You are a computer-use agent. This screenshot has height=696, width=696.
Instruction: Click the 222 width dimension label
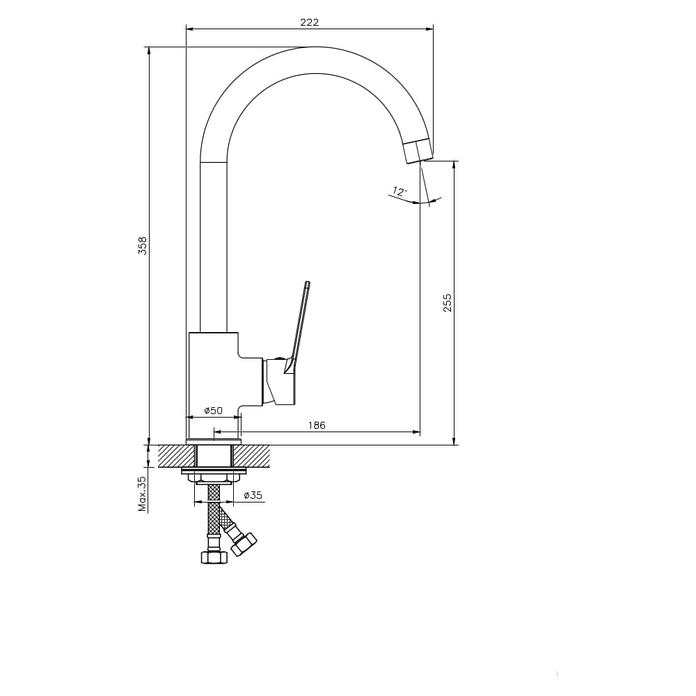point(310,22)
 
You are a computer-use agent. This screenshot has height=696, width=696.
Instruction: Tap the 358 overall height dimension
point(143,246)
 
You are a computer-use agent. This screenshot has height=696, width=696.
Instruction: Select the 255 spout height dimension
point(448,302)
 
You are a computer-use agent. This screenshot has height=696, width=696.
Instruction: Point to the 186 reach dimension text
point(317,425)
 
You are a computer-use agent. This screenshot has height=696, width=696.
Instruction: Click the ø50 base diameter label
point(214,411)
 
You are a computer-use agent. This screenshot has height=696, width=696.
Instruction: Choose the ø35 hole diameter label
point(253,495)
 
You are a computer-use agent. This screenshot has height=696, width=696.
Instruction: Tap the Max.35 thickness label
point(142,494)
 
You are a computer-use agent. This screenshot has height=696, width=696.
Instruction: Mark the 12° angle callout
point(399,192)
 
